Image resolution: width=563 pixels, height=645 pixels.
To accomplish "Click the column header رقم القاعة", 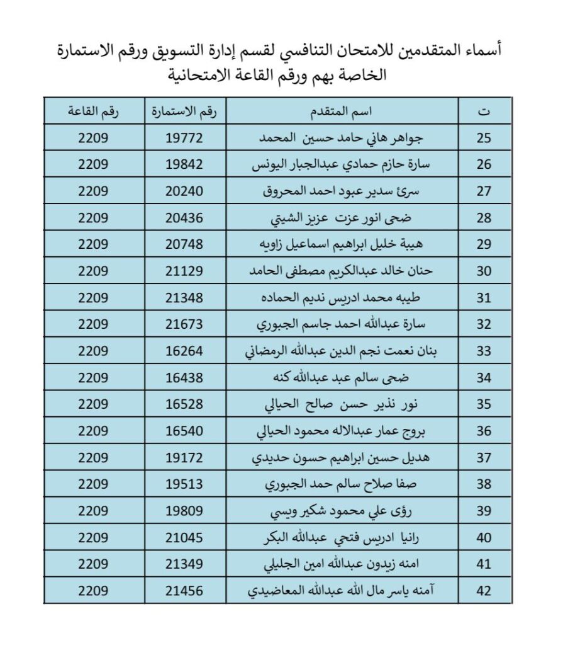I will click(94, 112).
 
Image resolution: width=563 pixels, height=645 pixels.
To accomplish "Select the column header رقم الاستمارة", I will click(184, 112).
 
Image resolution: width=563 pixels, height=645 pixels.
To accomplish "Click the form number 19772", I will click(184, 139).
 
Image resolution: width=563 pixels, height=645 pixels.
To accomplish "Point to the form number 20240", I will click(184, 191).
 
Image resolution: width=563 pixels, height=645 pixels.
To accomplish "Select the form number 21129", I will click(184, 271).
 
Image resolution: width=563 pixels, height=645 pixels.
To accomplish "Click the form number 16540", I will click(184, 431).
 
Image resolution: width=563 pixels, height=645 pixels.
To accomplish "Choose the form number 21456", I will click(184, 591).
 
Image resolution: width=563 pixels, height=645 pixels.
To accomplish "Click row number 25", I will click(484, 139).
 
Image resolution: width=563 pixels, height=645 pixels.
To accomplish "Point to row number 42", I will click(484, 591).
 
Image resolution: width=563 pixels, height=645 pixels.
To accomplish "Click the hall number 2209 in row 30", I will click(94, 271).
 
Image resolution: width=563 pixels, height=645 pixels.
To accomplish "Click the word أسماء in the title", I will click(484, 50).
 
